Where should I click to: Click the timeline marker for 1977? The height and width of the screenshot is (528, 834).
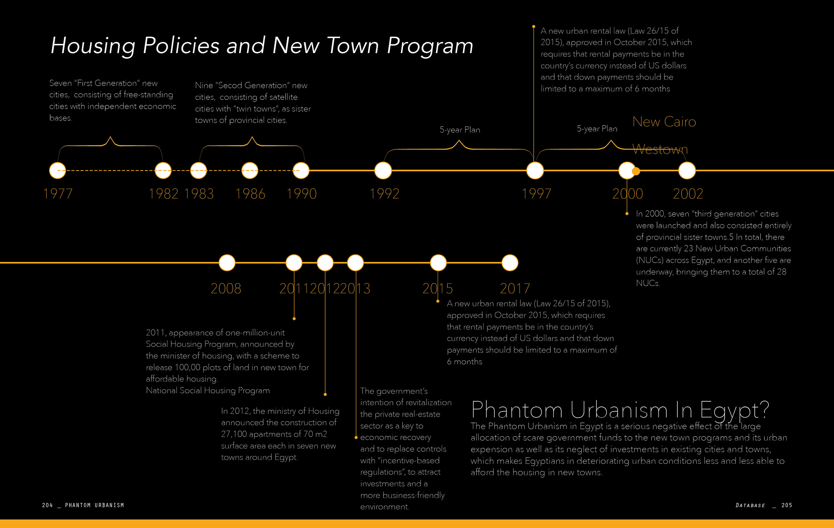coord(57,170)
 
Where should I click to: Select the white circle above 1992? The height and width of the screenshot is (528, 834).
coord(383,170)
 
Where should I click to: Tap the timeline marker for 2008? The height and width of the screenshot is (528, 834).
coord(227,263)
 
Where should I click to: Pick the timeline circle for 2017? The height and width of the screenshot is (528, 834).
coord(510,263)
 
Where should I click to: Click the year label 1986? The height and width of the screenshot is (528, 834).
coord(250,194)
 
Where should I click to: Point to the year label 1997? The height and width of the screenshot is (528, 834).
coord(536,194)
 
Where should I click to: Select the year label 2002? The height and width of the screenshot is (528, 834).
coord(688,194)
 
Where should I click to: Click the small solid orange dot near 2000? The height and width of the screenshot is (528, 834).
coord(636,171)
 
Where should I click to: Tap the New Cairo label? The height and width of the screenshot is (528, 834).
coord(664,122)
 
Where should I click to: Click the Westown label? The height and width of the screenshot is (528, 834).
coord(660,149)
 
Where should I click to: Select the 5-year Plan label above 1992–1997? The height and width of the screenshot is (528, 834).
coord(460,130)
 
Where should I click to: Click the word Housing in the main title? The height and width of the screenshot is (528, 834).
coord(93,46)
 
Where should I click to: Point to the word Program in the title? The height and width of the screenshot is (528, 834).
coord(430,46)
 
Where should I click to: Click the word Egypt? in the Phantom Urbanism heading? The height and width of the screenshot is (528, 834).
coord(734,410)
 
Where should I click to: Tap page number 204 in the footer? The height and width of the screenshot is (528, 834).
coord(47,505)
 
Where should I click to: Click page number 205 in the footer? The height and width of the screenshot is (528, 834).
coord(786,505)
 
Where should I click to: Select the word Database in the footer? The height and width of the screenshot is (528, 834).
coord(750,506)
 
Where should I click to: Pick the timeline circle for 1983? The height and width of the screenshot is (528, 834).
coord(198,170)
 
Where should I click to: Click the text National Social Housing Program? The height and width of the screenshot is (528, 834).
coord(208,391)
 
